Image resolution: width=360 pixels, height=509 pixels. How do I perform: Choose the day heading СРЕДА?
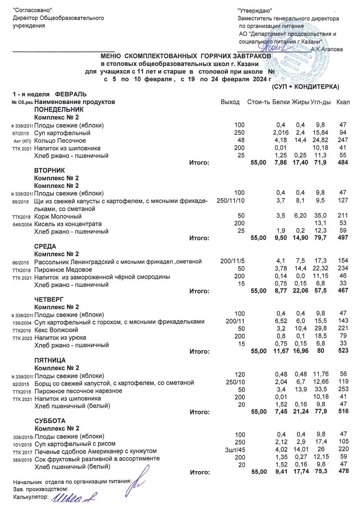[45, 246]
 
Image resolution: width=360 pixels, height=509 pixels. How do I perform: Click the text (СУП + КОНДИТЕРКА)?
[305, 87]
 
